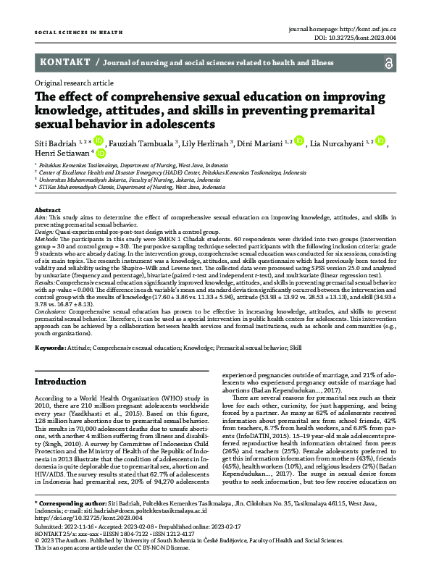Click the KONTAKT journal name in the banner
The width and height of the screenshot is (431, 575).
coord(65,62)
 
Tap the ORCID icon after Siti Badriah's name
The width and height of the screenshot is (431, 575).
coord(99,141)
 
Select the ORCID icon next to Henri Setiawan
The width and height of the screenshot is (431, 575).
coord(101,154)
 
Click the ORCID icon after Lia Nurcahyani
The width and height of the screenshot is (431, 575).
coord(381,141)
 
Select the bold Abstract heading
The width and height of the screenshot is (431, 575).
coord(48,209)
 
